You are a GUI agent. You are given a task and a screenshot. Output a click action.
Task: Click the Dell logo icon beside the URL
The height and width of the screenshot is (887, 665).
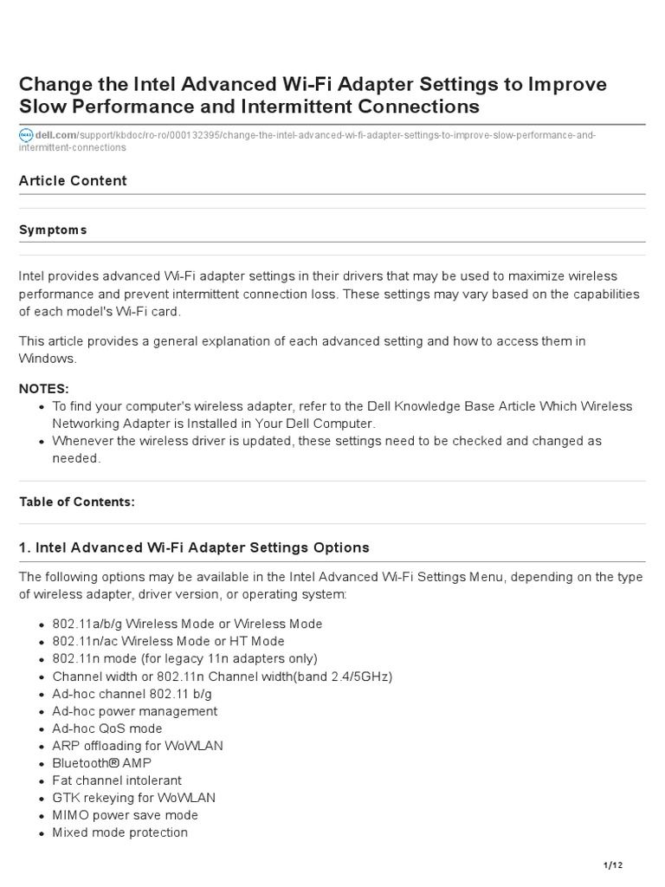click(x=25, y=135)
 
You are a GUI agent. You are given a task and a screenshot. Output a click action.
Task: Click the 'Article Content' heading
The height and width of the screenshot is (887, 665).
click(x=73, y=180)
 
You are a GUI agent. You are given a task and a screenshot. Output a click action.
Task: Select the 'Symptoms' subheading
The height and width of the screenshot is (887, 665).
click(x=53, y=230)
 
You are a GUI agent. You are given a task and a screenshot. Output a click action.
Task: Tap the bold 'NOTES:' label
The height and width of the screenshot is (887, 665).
click(x=44, y=388)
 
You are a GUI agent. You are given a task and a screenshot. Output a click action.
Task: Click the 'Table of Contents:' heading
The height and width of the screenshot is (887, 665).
click(x=77, y=502)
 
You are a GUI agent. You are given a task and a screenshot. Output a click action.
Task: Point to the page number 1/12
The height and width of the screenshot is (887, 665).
click(x=612, y=865)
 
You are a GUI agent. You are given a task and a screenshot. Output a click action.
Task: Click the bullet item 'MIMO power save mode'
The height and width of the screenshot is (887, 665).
click(x=125, y=815)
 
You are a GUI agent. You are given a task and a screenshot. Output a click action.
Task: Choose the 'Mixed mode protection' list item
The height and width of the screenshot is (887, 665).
click(x=119, y=832)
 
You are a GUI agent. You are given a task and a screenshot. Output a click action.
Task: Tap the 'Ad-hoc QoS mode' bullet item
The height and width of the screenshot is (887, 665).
click(x=107, y=728)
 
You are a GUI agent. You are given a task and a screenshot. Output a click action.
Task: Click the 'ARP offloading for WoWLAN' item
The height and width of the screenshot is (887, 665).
click(x=137, y=746)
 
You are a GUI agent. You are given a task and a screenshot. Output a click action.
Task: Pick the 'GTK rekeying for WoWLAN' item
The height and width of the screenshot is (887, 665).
click(x=133, y=798)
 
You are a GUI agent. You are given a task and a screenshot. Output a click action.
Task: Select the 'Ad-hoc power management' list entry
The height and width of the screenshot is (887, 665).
click(x=134, y=711)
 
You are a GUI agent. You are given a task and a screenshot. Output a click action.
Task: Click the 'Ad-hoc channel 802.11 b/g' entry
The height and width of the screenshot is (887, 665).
click(x=132, y=694)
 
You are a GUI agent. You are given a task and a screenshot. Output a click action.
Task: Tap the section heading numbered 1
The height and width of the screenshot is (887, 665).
click(x=194, y=547)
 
